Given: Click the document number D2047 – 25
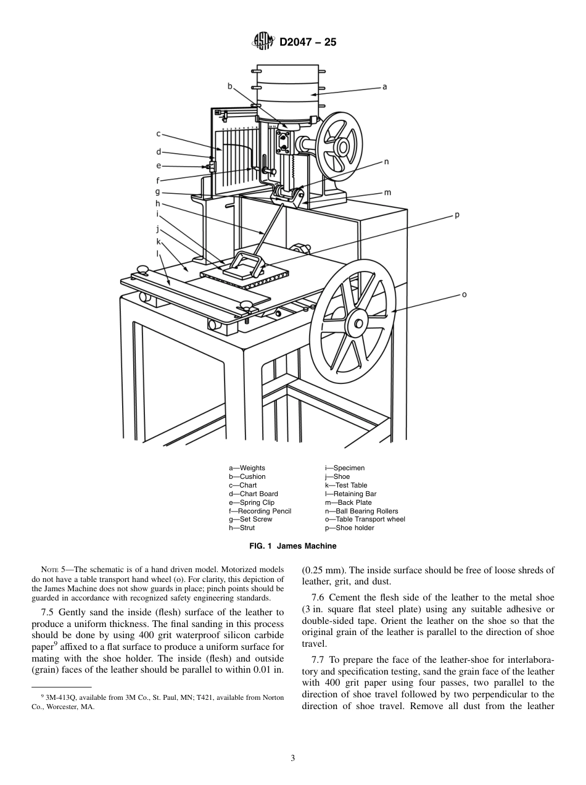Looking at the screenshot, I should [308, 43].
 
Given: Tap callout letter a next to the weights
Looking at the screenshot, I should [385, 87].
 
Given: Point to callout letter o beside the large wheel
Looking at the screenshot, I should [464, 294].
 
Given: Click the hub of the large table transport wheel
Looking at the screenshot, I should [357, 323].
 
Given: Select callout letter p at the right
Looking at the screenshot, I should [457, 215].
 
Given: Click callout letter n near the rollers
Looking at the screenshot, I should [386, 162].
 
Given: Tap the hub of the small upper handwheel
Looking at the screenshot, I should [337, 146].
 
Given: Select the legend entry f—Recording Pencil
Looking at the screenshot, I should [260, 511].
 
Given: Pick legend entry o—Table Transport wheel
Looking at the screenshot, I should [365, 520].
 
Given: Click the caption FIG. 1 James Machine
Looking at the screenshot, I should [292, 546].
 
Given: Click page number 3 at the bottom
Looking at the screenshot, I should [292, 758].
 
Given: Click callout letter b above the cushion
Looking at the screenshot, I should [229, 86].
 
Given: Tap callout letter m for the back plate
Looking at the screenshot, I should [387, 193].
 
